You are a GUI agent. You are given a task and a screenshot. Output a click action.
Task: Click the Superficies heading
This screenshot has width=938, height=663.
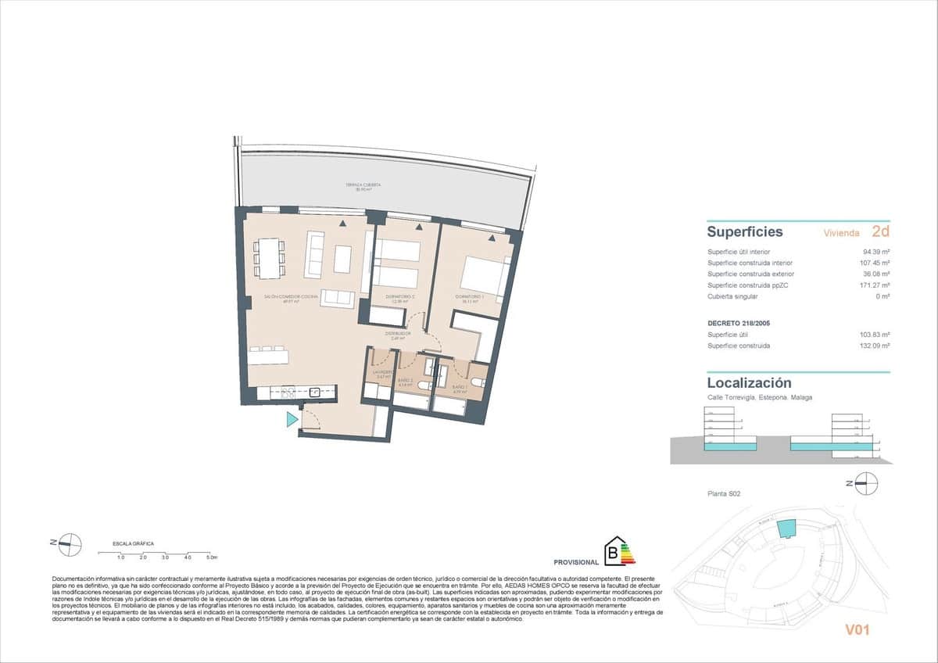pos(744,232)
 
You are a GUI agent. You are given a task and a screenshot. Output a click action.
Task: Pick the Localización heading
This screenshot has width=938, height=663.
pos(749,383)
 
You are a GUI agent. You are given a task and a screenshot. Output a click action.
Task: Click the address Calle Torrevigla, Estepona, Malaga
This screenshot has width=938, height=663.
pos(759,397)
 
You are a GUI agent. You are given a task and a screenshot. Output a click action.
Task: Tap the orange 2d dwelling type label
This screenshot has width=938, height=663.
pos(880,231)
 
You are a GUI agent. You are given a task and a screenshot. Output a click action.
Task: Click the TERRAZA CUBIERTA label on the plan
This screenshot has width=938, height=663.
pos(363,186)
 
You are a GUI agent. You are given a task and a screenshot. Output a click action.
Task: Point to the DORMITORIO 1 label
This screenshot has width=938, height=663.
pos(471,297)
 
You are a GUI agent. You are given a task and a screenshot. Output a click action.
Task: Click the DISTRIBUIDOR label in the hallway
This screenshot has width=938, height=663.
pos(398,334)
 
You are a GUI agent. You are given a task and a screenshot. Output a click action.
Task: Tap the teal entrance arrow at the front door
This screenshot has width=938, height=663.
pos(292,420)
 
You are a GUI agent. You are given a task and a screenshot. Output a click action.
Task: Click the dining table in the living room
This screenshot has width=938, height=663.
pos(269,257)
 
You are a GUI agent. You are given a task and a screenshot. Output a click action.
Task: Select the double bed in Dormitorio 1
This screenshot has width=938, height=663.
pos(485,274)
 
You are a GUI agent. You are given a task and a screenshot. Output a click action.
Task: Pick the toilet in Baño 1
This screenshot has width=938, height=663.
pos(478,382)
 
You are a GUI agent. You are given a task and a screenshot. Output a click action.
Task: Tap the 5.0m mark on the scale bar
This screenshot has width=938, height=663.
pos(212,557)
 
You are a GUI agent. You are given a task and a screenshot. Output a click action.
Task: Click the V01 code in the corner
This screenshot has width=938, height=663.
pos(857,629)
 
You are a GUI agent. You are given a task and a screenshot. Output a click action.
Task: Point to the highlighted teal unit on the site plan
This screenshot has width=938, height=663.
pos(786,529)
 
